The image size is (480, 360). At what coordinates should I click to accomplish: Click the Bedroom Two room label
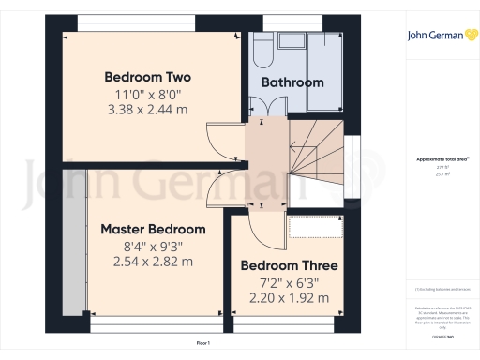click(x=148, y=77)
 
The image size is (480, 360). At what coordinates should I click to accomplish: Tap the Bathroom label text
click(x=292, y=82)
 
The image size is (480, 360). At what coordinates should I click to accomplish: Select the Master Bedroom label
click(x=153, y=229)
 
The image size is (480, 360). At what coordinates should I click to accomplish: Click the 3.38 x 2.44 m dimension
click(x=148, y=110)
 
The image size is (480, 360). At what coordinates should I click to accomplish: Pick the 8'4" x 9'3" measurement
click(x=154, y=247)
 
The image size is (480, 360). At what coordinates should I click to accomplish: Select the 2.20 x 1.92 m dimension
click(x=289, y=298)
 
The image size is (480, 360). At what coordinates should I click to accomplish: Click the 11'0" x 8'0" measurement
click(x=148, y=94)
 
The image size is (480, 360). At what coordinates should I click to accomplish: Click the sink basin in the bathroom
click(x=288, y=42)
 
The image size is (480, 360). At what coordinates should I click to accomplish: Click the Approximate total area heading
click(x=437, y=159)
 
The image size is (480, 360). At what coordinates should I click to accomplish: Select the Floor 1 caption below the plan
click(x=204, y=345)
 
